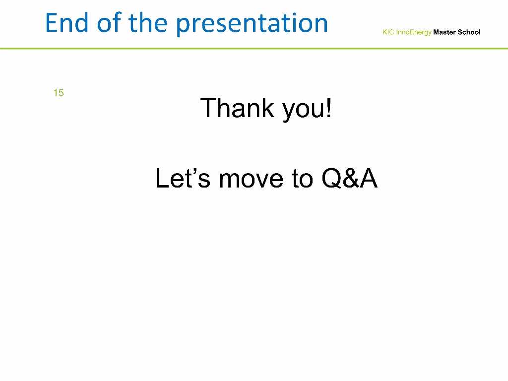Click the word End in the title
click(67, 23)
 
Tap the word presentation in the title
click(252, 25)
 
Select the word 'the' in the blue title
click(148, 23)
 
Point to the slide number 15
click(59, 93)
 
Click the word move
click(251, 180)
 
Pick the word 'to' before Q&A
click(302, 179)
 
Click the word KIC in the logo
click(388, 32)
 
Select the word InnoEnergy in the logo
click(414, 32)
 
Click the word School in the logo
click(469, 32)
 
